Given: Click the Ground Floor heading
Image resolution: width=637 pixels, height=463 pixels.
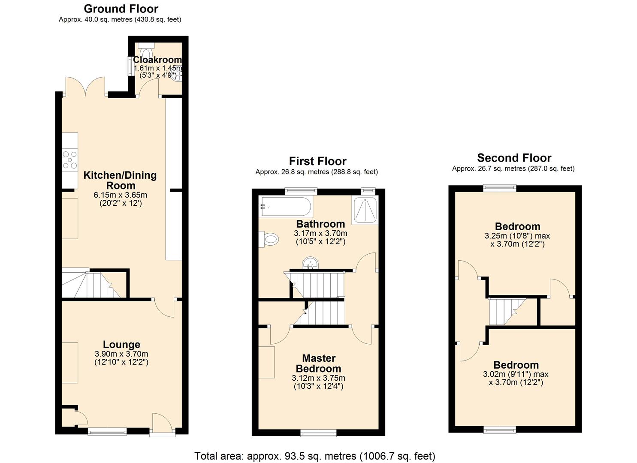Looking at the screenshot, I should [121, 9].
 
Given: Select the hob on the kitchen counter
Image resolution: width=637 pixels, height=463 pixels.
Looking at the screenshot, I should [70, 160].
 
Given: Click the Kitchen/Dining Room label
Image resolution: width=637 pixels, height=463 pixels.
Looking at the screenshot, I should [120, 180].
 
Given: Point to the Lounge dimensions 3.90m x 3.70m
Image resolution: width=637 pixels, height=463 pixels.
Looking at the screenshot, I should [121, 354].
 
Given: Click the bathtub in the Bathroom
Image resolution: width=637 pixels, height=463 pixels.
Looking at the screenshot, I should [285, 207].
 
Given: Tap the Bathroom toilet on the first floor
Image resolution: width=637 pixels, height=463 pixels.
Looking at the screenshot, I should [269, 239].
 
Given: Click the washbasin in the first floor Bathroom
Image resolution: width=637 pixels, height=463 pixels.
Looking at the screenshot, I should [310, 263].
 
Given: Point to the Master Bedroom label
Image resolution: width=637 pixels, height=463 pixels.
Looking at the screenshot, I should [318, 363].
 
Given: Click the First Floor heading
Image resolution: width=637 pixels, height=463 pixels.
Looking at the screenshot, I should [317, 161].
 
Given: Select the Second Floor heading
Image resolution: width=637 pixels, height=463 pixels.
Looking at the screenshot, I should [514, 158].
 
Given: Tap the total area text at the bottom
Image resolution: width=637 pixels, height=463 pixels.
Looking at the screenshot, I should [314, 456].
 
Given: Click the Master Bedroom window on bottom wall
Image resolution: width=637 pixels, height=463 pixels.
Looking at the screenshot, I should [318, 433].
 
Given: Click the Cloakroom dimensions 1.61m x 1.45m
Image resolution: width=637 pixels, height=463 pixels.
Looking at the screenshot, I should [157, 68].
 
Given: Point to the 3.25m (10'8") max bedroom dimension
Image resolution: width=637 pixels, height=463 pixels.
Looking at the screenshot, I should [517, 236].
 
